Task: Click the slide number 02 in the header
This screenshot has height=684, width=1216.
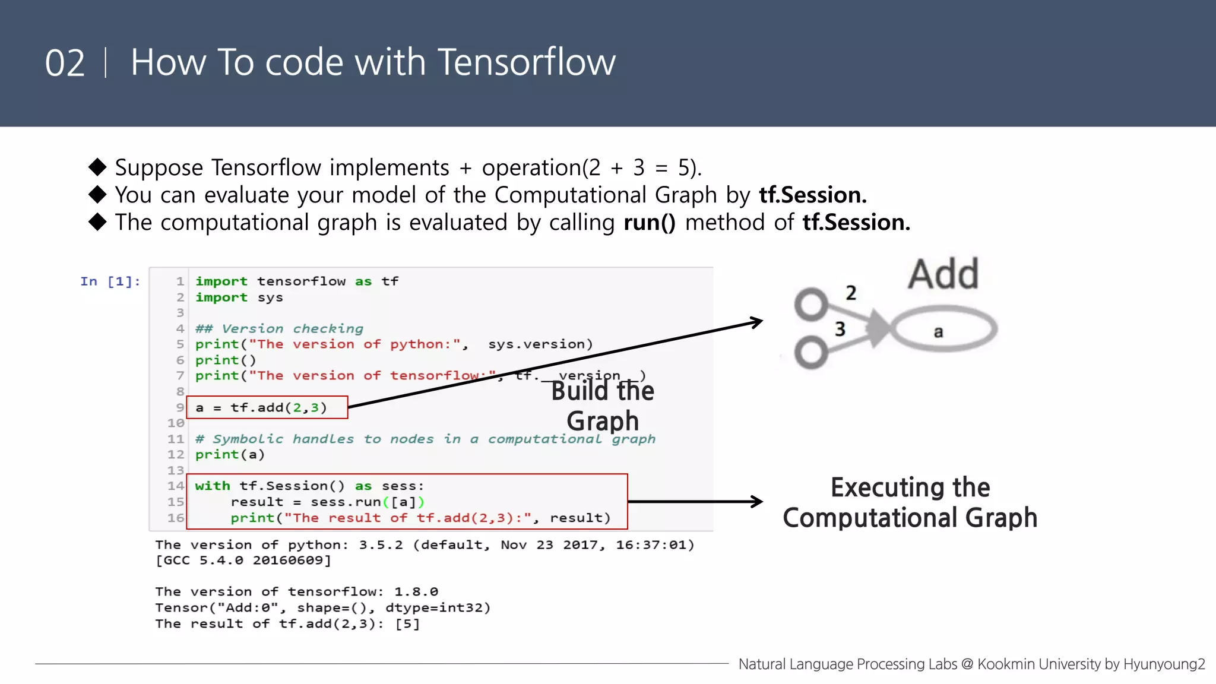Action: pos(65,63)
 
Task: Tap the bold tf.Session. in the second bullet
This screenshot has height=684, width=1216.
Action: pos(812,195)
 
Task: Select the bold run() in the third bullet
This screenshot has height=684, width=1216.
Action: pos(649,223)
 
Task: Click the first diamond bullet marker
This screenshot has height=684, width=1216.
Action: pos(97,167)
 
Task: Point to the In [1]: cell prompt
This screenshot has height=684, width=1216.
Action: pos(110,281)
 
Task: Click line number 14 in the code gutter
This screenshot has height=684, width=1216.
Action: pos(176,486)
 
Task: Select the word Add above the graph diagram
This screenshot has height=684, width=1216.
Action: pos(943,274)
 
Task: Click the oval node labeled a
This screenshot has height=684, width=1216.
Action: pos(943,330)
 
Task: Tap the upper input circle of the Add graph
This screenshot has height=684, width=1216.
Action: pos(810,305)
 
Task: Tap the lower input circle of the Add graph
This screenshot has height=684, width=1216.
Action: pos(810,353)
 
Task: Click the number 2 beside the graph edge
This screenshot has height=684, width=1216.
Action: pos(851,293)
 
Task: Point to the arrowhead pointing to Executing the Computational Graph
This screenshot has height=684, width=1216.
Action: pos(757,502)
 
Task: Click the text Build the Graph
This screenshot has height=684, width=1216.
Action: pos(602,406)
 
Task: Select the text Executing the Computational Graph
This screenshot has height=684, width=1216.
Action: pos(910,502)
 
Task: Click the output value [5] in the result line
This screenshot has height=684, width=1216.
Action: pos(407,624)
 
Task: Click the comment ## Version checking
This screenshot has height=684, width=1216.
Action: pos(279,329)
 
